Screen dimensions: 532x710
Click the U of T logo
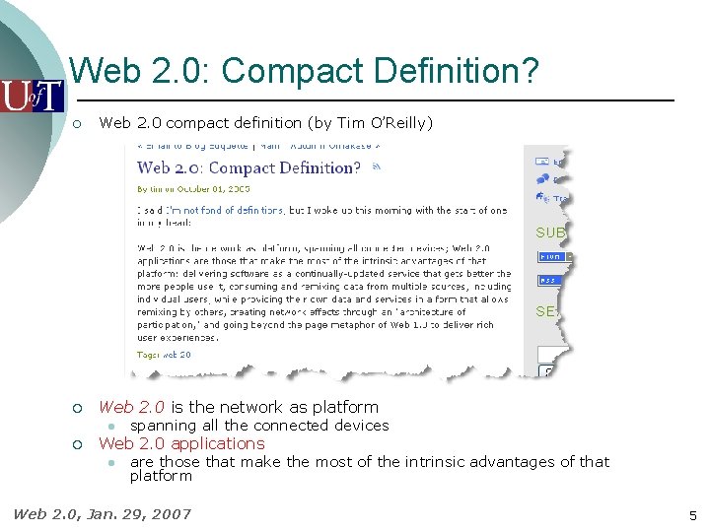pyautogui.click(x=32, y=96)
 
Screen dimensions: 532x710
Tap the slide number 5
pyautogui.click(x=693, y=514)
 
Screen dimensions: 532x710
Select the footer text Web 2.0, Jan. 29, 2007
pyautogui.click(x=102, y=513)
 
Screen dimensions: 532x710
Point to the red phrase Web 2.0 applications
pyautogui.click(x=181, y=443)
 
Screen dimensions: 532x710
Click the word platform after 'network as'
pyautogui.click(x=345, y=407)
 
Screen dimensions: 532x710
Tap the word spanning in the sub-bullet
pyautogui.click(x=163, y=426)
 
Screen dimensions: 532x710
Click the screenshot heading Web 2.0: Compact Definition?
pyautogui.click(x=248, y=168)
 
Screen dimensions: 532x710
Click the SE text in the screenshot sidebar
pyautogui.click(x=546, y=311)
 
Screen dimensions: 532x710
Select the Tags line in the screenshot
pyautogui.click(x=164, y=355)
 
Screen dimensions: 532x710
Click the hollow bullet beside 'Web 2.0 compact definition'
pyautogui.click(x=77, y=123)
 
